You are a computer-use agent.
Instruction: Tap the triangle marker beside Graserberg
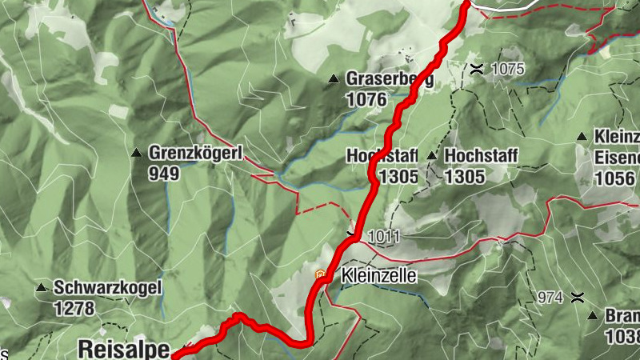pyautogui.click(x=334, y=79)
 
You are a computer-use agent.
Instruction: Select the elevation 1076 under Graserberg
pyautogui.click(x=366, y=100)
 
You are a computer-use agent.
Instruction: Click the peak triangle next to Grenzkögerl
pyautogui.click(x=136, y=152)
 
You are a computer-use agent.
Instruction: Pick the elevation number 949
pyautogui.click(x=164, y=172)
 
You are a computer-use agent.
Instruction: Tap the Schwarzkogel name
pyautogui.click(x=107, y=287)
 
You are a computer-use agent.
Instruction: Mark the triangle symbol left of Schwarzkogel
pyautogui.click(x=41, y=287)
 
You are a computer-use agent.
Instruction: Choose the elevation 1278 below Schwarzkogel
pyautogui.click(x=74, y=307)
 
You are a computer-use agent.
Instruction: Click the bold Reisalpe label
pyautogui.click(x=124, y=349)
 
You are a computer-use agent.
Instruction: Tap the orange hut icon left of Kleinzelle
pyautogui.click(x=322, y=276)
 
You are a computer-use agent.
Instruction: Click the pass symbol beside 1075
pyautogui.click(x=477, y=69)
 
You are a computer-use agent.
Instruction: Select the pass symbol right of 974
pyautogui.click(x=576, y=298)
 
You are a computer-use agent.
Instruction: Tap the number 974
pyautogui.click(x=550, y=298)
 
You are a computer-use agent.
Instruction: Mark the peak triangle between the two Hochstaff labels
pyautogui.click(x=432, y=155)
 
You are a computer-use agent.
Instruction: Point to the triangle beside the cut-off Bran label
pyautogui.click(x=593, y=316)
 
